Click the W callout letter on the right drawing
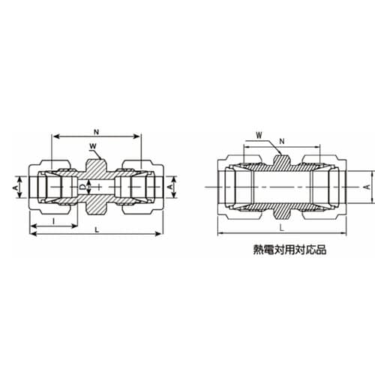click(x=258, y=136)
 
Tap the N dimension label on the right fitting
click(x=281, y=140)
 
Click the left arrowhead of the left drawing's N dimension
click(x=54, y=136)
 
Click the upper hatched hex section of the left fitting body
click(x=96, y=166)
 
